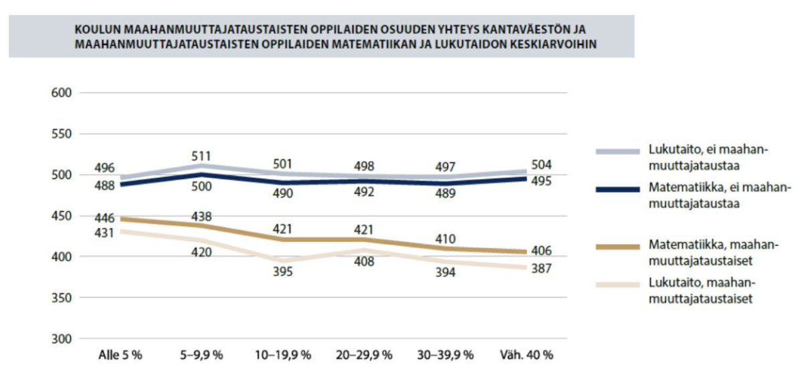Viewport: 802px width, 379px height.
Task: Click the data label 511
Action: tap(202, 156)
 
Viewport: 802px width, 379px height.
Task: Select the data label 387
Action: tap(540, 268)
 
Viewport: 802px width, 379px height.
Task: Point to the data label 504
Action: tap(540, 164)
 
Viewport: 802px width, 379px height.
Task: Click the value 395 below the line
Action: tap(282, 272)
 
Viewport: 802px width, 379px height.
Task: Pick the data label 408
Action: tap(365, 262)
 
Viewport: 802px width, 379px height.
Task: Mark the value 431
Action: tap(106, 233)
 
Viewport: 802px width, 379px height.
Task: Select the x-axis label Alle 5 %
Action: tap(120, 355)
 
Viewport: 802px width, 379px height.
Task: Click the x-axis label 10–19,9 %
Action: tap(283, 355)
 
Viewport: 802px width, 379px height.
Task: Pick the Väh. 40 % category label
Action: tap(527, 355)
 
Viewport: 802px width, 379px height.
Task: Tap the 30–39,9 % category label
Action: tap(445, 355)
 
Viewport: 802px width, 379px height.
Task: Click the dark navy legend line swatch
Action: tap(618, 190)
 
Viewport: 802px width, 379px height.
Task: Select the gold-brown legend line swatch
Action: tap(618, 247)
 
